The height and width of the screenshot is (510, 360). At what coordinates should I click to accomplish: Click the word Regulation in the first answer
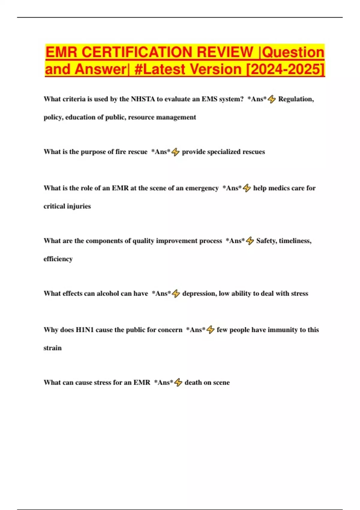tap(295, 99)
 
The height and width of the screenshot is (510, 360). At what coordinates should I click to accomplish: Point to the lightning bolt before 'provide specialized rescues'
tap(175, 152)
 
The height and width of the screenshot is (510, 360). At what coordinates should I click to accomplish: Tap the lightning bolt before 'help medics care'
tap(247, 188)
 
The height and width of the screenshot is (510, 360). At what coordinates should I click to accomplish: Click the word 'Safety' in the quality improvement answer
tap(266, 241)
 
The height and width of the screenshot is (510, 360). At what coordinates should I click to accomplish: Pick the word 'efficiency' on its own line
tap(58, 259)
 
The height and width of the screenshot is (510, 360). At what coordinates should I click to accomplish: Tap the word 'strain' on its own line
tap(52, 348)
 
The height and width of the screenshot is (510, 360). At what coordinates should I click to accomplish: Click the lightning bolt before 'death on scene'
tap(178, 382)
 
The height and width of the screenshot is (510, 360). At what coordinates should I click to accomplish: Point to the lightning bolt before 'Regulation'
tap(271, 99)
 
